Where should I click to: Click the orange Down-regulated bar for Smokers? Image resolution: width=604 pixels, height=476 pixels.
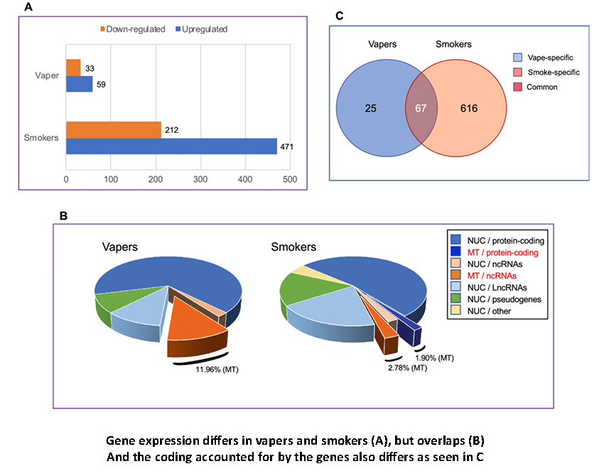tap(113, 130)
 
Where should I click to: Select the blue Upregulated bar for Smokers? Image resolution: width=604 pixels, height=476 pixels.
tap(171, 146)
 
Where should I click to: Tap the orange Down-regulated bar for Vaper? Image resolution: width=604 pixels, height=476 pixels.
tap(73, 67)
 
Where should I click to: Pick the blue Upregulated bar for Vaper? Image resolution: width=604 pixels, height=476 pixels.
tap(79, 84)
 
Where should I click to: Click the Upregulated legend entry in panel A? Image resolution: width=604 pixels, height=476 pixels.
tap(200, 29)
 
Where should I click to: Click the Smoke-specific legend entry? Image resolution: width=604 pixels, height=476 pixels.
tap(551, 72)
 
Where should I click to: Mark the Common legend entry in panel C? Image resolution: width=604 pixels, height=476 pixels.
tap(541, 87)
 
